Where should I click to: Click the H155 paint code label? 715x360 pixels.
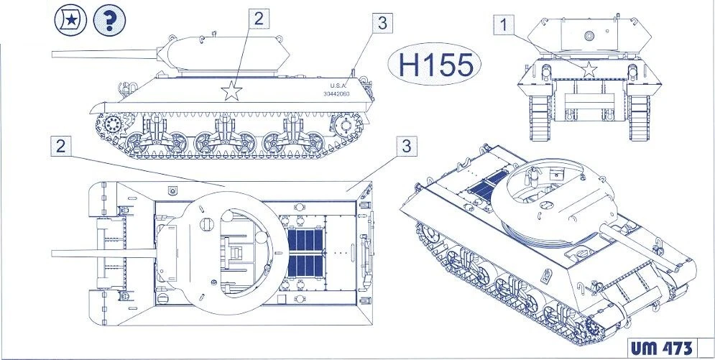pos(435,65)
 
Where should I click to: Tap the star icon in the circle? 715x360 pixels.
pos(70,20)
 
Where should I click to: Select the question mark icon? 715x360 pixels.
pos(109,20)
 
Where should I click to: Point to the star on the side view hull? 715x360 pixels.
pos(231,91)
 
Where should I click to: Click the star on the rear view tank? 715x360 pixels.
pos(589,70)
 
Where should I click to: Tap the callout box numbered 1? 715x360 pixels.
pos(504,24)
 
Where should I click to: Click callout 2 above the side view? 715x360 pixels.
pos(259,19)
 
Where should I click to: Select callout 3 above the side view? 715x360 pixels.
pos(382,23)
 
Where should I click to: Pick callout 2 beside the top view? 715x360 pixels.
pos(60,146)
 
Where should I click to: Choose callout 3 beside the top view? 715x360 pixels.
pos(406,146)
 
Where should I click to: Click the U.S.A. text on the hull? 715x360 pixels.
pos(338,86)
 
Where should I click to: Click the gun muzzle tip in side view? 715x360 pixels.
pos(53,54)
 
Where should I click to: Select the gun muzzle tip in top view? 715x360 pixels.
pos(53,254)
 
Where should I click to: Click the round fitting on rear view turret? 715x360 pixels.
pos(589,35)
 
